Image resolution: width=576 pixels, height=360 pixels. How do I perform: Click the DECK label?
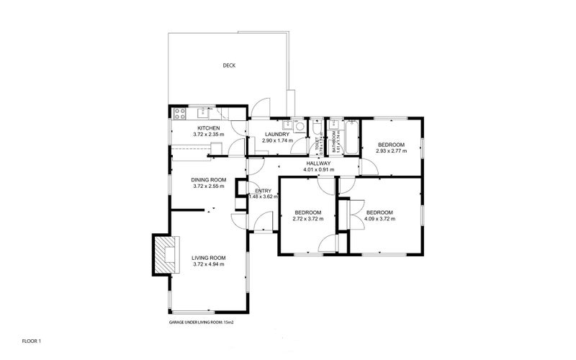(x=229, y=66)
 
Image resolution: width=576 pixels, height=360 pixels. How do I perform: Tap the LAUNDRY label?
(x=276, y=135)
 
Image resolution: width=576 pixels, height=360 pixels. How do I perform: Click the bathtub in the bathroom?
(x=350, y=136)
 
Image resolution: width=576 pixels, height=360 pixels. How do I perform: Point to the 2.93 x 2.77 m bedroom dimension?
(x=390, y=151)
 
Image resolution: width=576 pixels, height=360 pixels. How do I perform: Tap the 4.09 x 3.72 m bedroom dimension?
(x=379, y=219)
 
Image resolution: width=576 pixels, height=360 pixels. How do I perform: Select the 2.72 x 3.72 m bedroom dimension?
(x=307, y=219)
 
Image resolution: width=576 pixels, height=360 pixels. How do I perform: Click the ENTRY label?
(x=263, y=190)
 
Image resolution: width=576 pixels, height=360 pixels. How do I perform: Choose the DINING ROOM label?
(x=209, y=180)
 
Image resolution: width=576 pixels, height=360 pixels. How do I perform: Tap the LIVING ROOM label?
(x=209, y=258)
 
